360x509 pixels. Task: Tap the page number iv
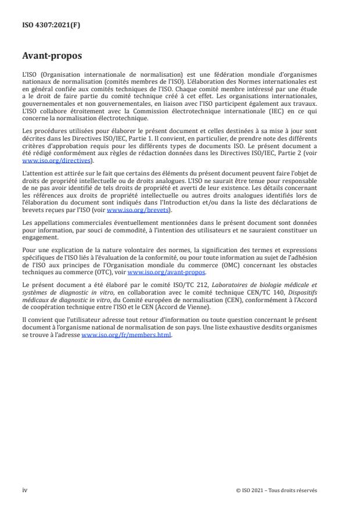click(25, 490)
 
